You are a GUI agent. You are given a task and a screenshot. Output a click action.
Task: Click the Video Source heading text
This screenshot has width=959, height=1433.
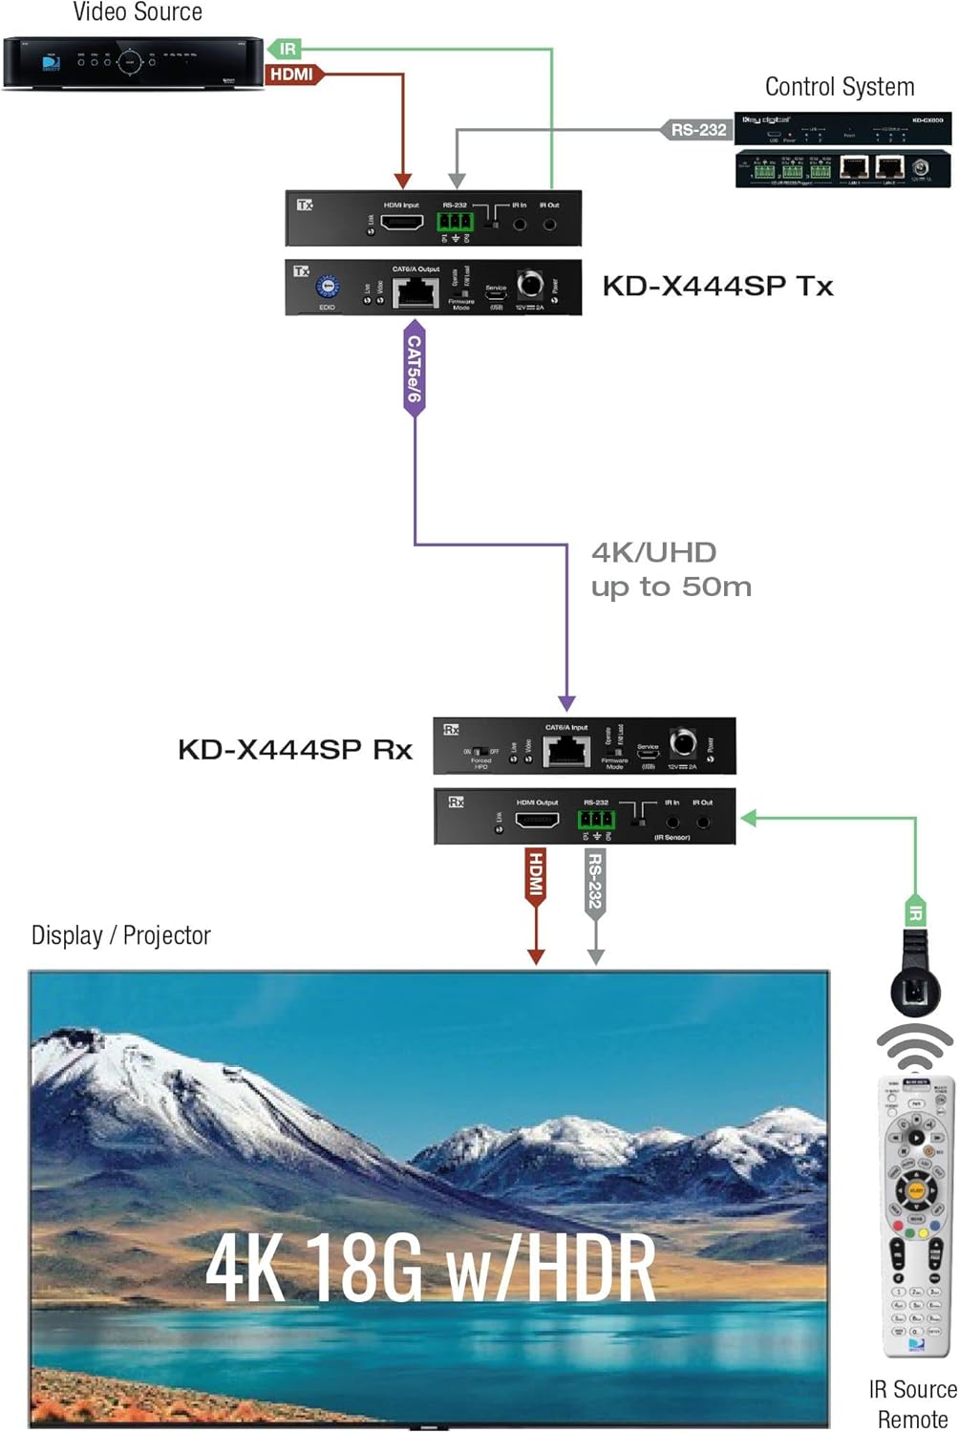pyautogui.click(x=138, y=12)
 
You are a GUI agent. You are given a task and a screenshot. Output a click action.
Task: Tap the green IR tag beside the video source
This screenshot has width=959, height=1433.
pyautogui.click(x=286, y=49)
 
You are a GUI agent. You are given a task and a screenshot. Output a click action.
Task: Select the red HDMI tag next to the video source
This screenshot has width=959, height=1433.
pyautogui.click(x=292, y=75)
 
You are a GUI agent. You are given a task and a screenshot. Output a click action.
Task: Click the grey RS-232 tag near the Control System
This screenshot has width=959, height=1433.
pyautogui.click(x=696, y=130)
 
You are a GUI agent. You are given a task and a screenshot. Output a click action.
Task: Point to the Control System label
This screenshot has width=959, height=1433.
pyautogui.click(x=840, y=87)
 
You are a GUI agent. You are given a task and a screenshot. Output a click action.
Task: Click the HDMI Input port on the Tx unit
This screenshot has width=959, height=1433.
pyautogui.click(x=402, y=223)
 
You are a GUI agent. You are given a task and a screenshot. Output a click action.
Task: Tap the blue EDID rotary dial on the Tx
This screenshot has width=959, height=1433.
pyautogui.click(x=328, y=287)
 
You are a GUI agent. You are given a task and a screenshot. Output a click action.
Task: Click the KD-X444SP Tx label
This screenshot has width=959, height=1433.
pyautogui.click(x=717, y=286)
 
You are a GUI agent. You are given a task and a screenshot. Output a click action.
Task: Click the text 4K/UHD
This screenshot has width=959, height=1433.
pyautogui.click(x=654, y=552)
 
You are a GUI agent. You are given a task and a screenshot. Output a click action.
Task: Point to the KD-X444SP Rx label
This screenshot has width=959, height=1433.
pyautogui.click(x=295, y=750)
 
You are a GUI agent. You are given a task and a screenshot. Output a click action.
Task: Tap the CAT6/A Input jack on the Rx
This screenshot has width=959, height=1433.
pyautogui.click(x=566, y=751)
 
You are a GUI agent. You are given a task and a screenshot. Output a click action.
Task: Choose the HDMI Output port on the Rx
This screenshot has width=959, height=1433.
pyautogui.click(x=537, y=820)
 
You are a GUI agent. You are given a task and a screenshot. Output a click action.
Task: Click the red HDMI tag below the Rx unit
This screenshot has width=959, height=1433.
pyautogui.click(x=536, y=875)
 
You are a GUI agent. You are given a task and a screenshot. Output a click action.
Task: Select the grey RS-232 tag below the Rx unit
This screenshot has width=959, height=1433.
pyautogui.click(x=595, y=882)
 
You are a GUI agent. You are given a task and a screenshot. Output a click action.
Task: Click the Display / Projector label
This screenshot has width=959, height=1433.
pyautogui.click(x=121, y=935)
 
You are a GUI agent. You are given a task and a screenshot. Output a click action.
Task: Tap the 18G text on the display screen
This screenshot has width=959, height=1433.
pyautogui.click(x=364, y=1267)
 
